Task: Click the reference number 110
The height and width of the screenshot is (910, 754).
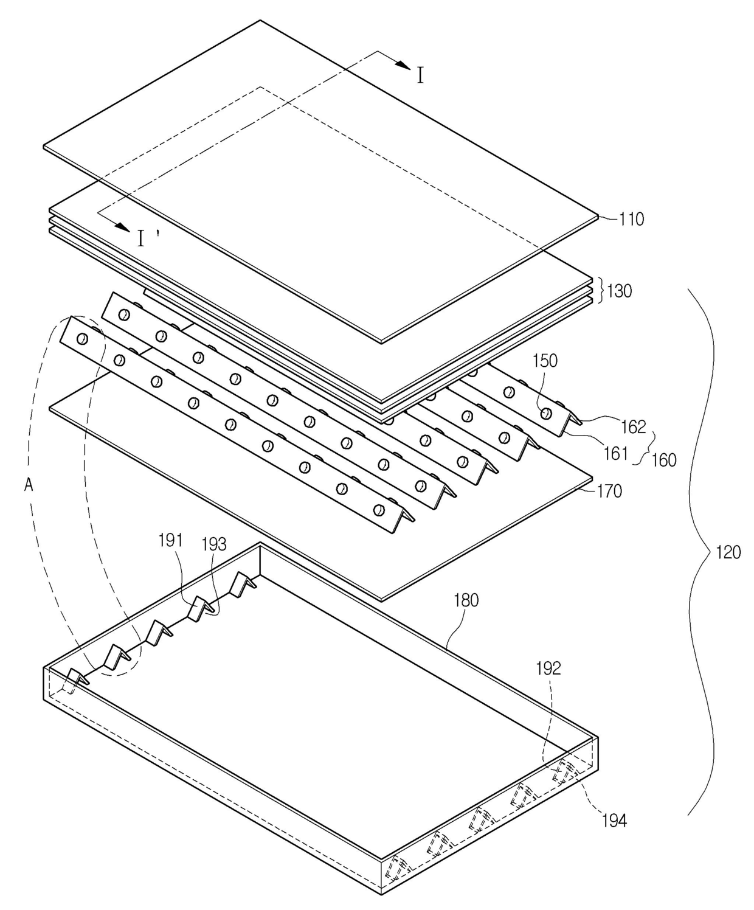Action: (x=631, y=219)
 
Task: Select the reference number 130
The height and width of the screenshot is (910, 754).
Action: (x=618, y=291)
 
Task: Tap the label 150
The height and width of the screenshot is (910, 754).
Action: (x=545, y=361)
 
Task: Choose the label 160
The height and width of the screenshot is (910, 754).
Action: (x=663, y=460)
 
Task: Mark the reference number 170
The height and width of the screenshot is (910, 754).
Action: (x=609, y=490)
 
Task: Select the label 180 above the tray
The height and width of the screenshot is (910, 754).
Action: (x=466, y=600)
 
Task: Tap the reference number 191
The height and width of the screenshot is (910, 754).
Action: (x=171, y=540)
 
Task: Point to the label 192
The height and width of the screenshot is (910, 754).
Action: (x=548, y=669)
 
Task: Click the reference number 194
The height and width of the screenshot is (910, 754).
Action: (x=614, y=821)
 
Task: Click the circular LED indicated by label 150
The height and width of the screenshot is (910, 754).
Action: (x=546, y=414)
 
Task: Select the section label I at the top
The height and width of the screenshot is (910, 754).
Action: (x=420, y=75)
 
